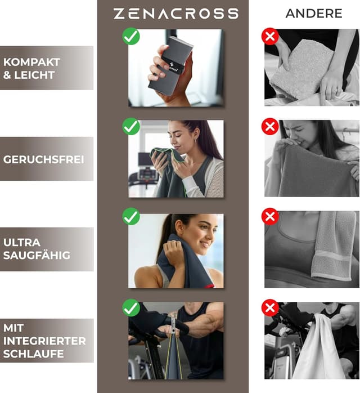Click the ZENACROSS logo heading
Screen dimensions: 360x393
[175, 14]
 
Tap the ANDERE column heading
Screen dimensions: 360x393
[314, 14]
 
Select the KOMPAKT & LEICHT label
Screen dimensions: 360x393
[31, 69]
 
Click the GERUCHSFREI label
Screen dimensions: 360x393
[43, 160]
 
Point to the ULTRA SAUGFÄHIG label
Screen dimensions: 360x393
[37, 249]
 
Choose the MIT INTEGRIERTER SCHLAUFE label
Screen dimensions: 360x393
[44, 341]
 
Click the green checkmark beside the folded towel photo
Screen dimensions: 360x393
[131, 37]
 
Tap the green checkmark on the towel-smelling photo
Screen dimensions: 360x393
[131, 126]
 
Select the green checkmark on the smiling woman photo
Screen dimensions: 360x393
[131, 216]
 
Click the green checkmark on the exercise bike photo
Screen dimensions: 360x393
[131, 307]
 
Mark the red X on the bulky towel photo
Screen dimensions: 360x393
[270, 37]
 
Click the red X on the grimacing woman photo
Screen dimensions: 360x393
[270, 126]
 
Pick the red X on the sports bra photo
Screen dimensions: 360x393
[270, 216]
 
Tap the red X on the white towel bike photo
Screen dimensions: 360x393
[270, 307]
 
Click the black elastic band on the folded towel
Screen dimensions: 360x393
[172, 66]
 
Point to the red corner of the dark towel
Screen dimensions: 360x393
[209, 286]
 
